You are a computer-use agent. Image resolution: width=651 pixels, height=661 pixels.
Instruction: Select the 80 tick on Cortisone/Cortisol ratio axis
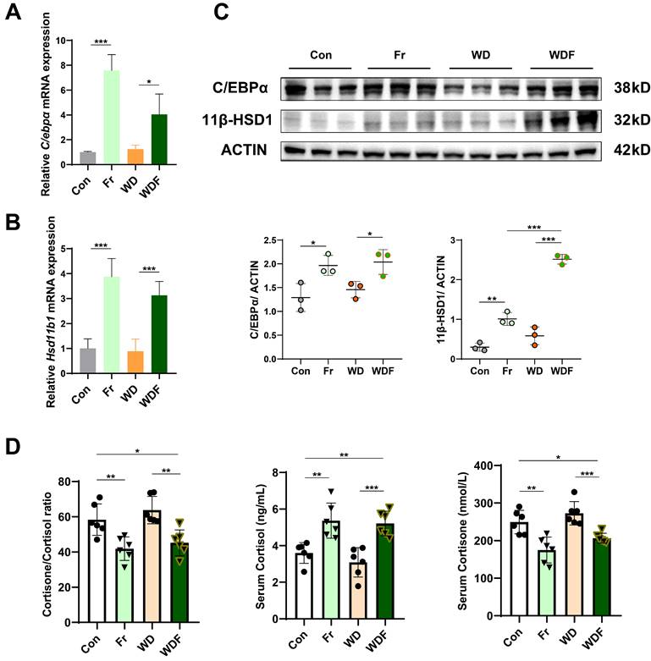click(59, 482)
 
